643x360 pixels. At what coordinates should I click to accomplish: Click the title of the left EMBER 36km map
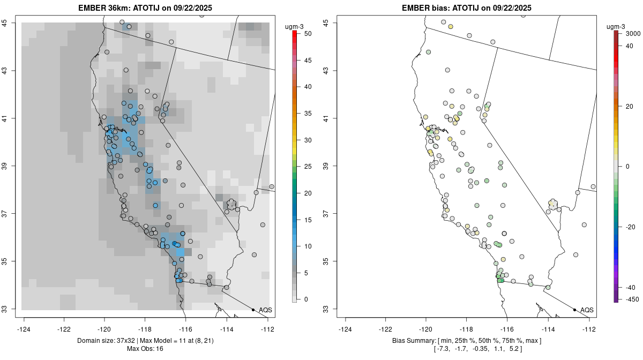pos(148,8)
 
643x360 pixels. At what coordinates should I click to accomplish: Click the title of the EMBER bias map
pos(467,8)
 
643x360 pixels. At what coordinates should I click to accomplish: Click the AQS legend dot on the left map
pos(253,310)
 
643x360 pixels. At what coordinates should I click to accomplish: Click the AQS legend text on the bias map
pos(587,310)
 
